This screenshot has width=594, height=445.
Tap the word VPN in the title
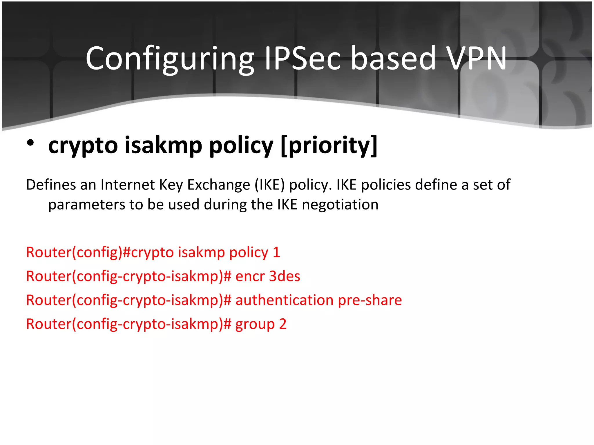(476, 59)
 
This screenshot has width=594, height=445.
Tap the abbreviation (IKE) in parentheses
(270, 185)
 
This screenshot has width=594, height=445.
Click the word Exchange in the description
(218, 185)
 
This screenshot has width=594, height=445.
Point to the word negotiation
(340, 205)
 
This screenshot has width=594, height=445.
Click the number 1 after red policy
(276, 252)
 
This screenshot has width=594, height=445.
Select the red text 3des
(285, 276)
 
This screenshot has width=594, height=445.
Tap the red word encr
(250, 276)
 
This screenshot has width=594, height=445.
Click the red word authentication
(284, 300)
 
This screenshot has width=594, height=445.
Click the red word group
(255, 324)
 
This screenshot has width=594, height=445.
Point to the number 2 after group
(283, 324)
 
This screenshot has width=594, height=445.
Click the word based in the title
(393, 59)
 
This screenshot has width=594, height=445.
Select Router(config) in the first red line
(74, 252)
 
